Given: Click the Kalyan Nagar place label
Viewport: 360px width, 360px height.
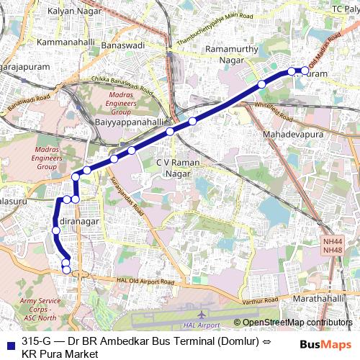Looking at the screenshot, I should coord(73,12).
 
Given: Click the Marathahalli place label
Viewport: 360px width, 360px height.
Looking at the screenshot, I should coord(320,298).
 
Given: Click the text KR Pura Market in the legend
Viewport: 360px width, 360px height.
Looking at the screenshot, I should coord(60,354).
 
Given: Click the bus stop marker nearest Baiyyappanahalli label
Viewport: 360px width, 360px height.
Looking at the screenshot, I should coord(170,132).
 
